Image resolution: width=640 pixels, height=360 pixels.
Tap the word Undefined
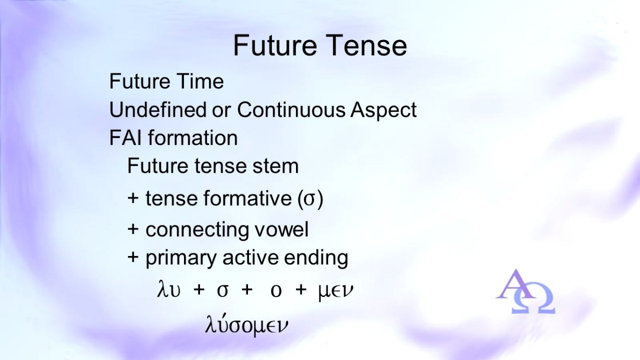tap(158, 109)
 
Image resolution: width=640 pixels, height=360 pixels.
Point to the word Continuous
tap(291, 109)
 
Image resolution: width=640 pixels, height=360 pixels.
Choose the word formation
tap(193, 138)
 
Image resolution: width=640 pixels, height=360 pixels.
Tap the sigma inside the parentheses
tap(310, 199)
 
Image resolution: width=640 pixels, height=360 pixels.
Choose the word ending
tap(316, 259)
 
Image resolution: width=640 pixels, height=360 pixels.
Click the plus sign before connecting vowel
tap(133, 229)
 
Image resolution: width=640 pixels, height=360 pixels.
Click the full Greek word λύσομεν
tap(246, 325)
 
